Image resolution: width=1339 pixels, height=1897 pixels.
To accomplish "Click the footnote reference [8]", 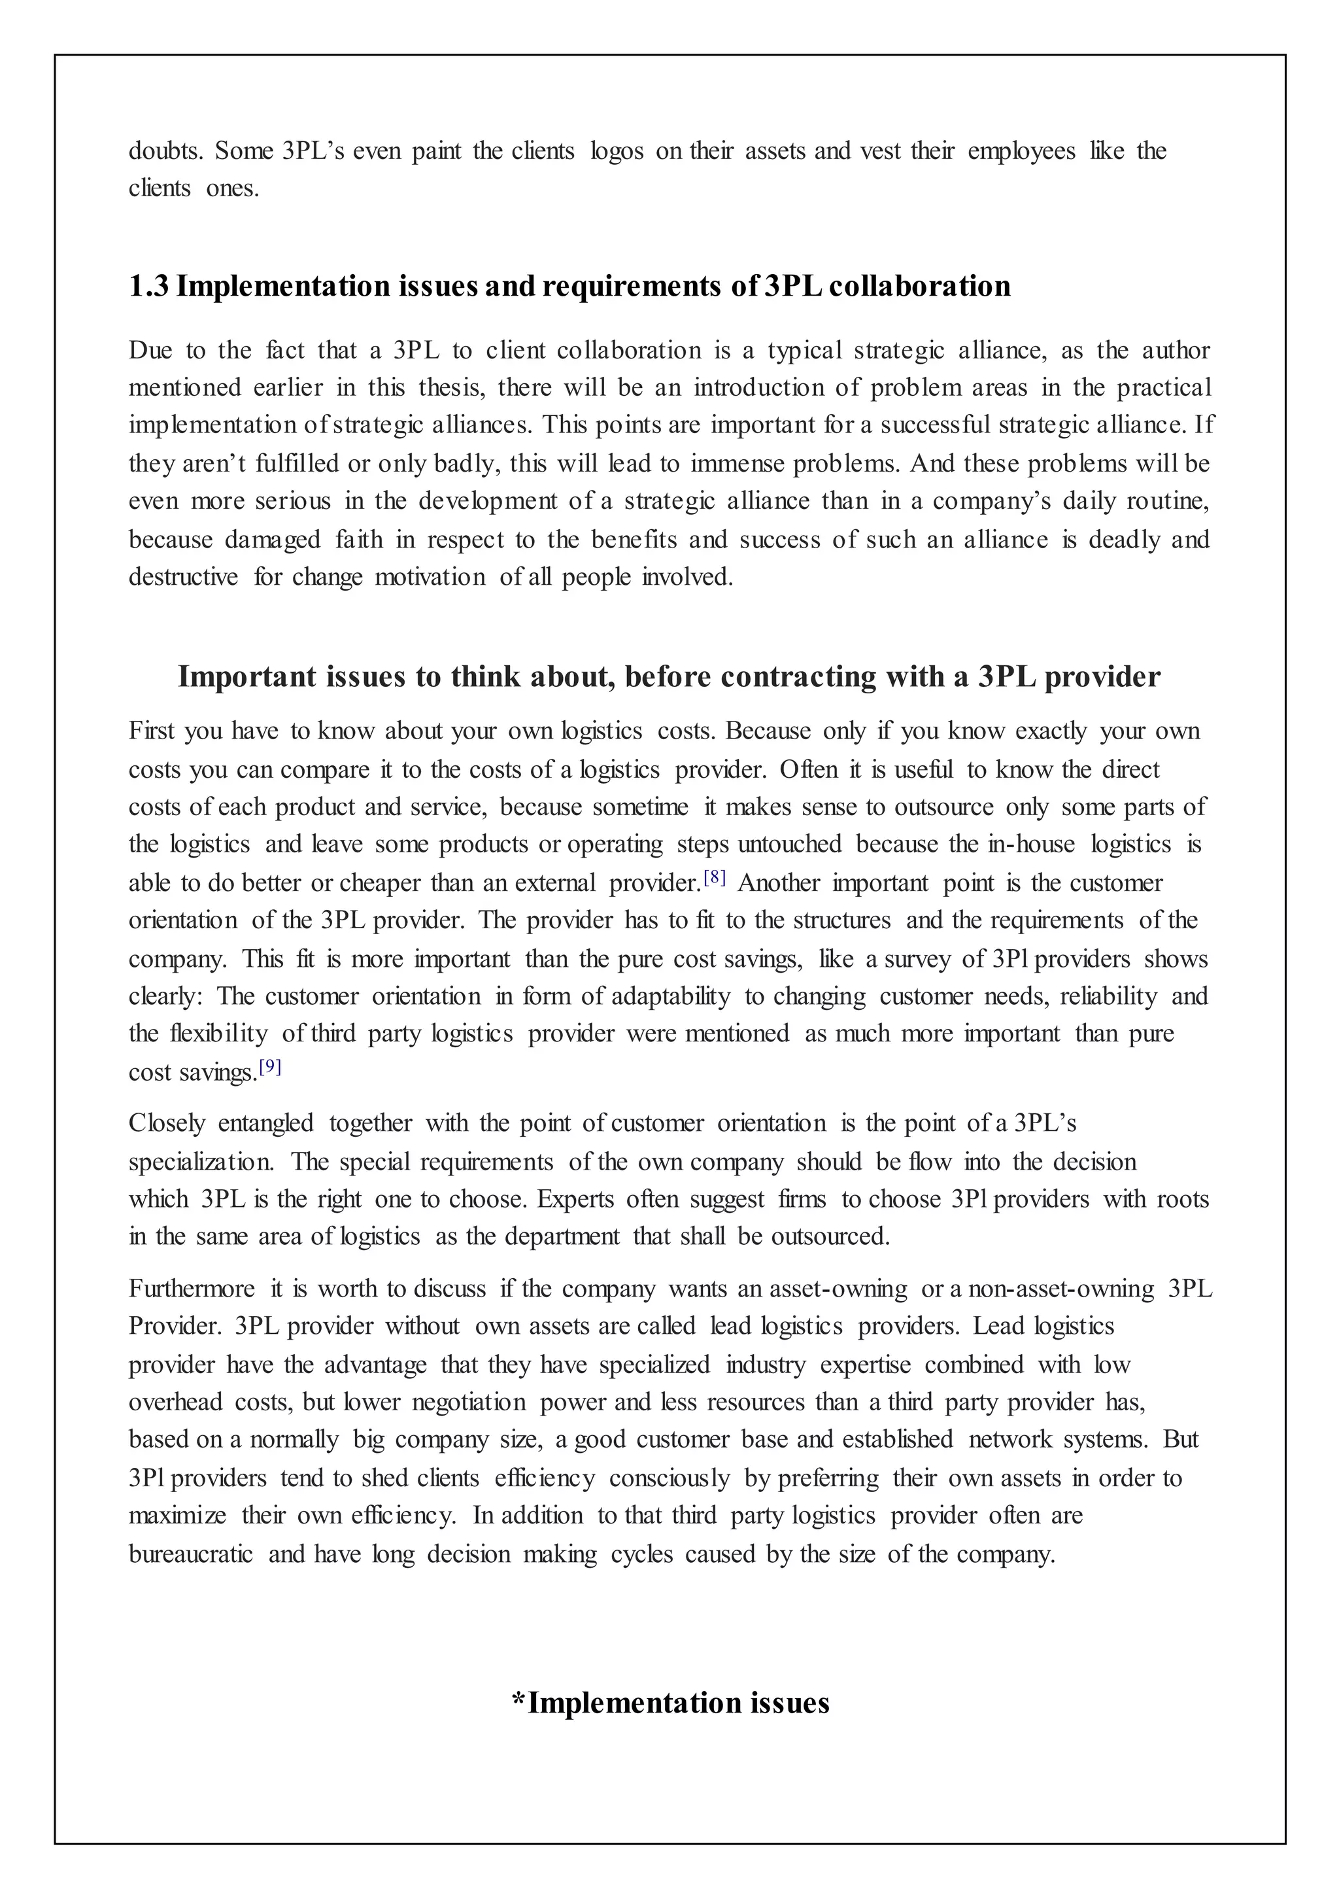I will [715, 879].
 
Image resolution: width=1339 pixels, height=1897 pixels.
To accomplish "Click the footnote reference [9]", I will [270, 1067].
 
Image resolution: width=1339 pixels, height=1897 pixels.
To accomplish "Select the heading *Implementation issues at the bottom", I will [670, 1702].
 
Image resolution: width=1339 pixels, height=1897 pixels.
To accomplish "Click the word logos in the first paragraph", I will [617, 151].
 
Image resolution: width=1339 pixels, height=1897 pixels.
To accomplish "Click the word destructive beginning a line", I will [183, 577].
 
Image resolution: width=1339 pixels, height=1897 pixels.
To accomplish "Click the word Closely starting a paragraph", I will [167, 1124].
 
